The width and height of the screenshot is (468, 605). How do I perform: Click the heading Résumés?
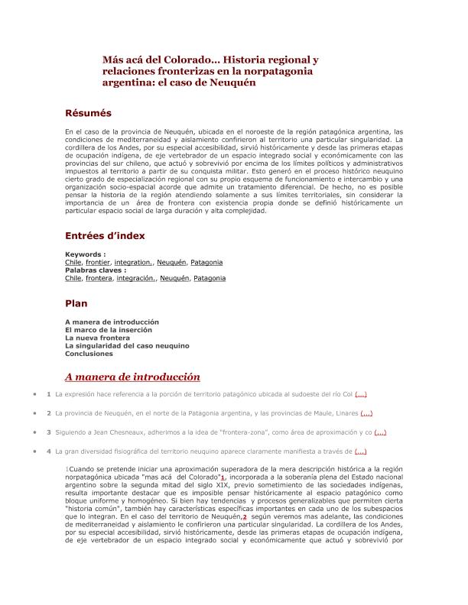coord(88,113)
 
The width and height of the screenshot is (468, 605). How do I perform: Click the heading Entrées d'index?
coord(105,236)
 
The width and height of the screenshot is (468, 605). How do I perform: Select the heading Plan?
coord(76,303)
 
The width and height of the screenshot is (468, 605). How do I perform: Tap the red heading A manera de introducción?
coord(132,377)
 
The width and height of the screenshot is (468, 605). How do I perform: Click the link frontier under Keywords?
coord(98,262)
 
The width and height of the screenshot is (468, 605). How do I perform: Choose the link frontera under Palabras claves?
coord(98,279)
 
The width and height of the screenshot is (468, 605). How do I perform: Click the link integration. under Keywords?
coord(134,262)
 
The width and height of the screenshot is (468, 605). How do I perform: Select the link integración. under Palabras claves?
coord(134,279)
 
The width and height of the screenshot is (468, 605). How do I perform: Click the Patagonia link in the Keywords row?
coord(206,262)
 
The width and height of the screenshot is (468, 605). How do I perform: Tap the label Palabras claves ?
coord(96,270)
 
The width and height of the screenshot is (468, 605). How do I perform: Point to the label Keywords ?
coord(85,254)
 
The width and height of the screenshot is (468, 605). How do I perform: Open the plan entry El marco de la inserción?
coord(109,330)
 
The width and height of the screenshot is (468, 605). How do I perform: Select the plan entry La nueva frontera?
coord(97,338)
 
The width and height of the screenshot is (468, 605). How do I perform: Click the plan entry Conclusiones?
coord(89,354)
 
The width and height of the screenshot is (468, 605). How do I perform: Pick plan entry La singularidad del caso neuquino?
coord(127,346)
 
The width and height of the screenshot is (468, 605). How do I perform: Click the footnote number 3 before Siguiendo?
coord(48,432)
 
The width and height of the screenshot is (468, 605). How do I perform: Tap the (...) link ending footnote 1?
coord(361,394)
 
